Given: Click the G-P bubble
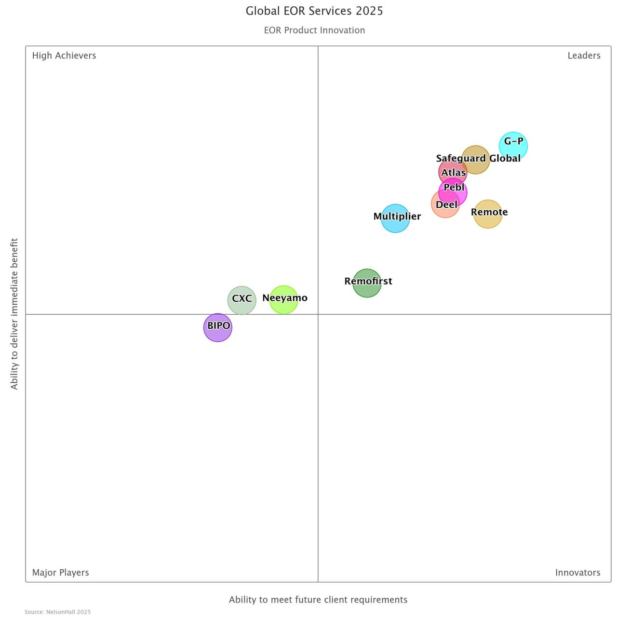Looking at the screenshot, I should click(513, 146).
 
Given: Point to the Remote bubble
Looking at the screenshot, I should click(488, 214).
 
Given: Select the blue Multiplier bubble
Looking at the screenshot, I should click(395, 218).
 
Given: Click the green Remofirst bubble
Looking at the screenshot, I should click(367, 283).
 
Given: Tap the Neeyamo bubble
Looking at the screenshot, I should click(283, 300).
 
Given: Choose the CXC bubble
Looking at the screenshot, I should click(241, 300).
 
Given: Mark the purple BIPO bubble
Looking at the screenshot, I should click(218, 328).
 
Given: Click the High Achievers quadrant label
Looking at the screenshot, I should click(64, 55).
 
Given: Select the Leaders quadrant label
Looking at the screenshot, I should click(584, 55).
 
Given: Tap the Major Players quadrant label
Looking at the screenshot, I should click(60, 573).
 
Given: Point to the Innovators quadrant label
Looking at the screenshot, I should click(577, 573).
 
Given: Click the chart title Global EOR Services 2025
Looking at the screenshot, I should click(314, 11).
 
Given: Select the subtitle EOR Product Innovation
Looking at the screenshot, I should click(314, 30).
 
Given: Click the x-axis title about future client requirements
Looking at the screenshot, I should click(318, 600).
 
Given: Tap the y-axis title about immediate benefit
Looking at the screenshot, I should click(14, 314).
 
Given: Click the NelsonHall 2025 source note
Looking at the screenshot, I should click(57, 612).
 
